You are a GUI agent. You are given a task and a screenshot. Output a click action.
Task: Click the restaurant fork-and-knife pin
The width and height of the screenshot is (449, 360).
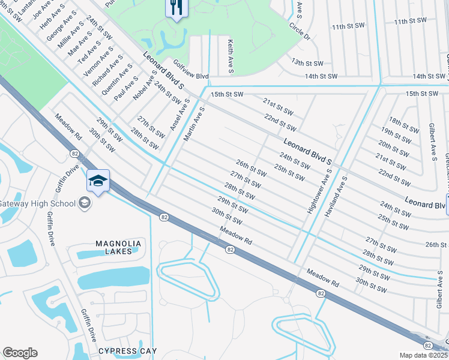[176, 8]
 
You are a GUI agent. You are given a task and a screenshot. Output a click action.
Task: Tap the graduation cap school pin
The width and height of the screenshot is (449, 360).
[98, 180]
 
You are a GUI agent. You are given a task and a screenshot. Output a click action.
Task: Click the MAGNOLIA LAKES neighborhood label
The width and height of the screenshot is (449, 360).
[118, 247]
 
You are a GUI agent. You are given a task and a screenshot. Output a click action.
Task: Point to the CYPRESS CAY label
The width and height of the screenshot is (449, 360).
[127, 351]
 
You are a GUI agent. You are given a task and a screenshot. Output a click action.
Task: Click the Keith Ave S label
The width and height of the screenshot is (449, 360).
[230, 56]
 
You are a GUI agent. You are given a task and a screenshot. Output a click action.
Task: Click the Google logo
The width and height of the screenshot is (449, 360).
[20, 353]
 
